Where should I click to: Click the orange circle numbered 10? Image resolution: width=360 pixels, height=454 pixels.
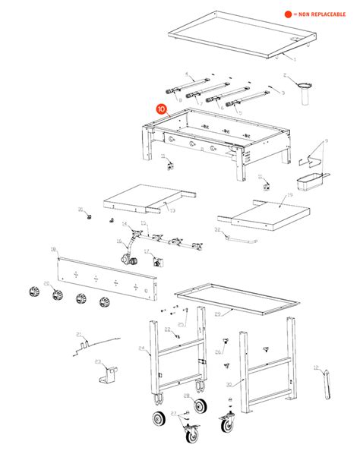[x=160, y=109]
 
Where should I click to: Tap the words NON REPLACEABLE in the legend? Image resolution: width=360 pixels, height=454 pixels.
[x=323, y=14]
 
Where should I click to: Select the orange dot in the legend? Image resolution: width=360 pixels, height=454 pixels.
[x=288, y=14]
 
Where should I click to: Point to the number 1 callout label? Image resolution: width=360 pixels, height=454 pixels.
[x=295, y=58]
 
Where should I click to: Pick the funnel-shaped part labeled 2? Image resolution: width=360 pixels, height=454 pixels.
[x=303, y=87]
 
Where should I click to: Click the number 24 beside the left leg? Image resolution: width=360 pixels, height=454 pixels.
[x=141, y=348]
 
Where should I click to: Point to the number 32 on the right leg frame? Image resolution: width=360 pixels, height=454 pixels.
[x=228, y=384]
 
